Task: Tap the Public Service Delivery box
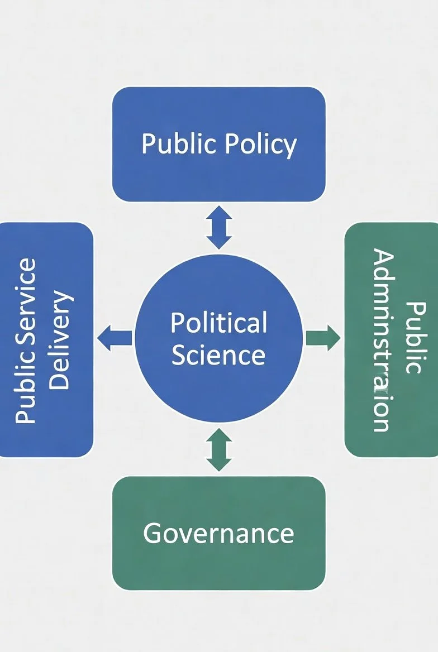(x=46, y=339)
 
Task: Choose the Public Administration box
(x=391, y=339)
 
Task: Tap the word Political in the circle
(x=218, y=323)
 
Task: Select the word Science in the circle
(x=218, y=354)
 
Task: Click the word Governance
(x=218, y=533)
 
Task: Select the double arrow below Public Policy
(x=218, y=227)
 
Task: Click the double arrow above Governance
(x=218, y=450)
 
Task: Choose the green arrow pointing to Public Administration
(x=323, y=338)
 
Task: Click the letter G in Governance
(x=152, y=533)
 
